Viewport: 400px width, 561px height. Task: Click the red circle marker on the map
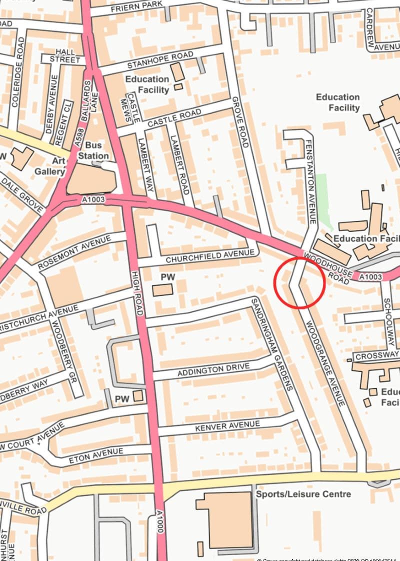pos(300,282)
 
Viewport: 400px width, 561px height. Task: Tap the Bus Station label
pos(93,150)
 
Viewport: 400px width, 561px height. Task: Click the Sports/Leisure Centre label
pos(303,494)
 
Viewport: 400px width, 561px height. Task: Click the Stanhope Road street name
pos(153,60)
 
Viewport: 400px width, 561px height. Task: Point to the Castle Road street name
pos(174,117)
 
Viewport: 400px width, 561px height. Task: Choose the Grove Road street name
pos(240,122)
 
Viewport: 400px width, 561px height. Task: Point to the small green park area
pos(324,200)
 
